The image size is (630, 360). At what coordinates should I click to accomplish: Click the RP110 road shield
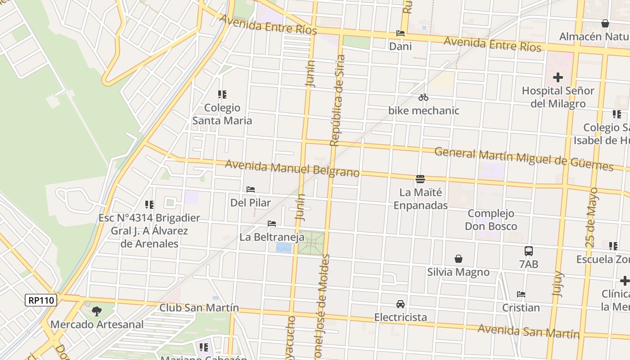point(41,300)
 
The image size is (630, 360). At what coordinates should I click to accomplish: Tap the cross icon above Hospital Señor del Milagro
point(558,77)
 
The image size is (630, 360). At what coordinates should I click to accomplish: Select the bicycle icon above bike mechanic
point(423,97)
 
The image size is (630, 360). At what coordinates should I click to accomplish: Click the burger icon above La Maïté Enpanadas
point(420,179)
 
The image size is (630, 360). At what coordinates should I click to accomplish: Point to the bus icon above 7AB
point(529,251)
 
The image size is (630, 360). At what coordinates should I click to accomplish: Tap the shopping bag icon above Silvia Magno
point(458,259)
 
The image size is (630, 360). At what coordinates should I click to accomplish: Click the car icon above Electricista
point(400,304)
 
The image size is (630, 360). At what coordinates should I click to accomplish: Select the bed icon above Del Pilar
point(251,189)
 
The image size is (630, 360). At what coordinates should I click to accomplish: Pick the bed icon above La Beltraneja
point(272,223)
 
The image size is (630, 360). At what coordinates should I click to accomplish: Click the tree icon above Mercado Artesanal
point(97,310)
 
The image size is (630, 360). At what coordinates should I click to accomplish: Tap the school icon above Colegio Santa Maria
point(222,94)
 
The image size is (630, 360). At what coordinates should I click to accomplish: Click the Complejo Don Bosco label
point(490,220)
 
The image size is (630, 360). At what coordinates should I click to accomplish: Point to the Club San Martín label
point(199,308)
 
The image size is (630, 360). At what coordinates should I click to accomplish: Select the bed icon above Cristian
point(521,294)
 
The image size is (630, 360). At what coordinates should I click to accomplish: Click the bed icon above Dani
point(400,33)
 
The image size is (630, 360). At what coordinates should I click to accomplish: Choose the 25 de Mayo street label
point(592,217)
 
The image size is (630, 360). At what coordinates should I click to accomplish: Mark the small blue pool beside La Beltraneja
point(283,247)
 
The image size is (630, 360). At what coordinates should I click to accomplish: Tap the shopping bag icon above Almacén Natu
point(605,23)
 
